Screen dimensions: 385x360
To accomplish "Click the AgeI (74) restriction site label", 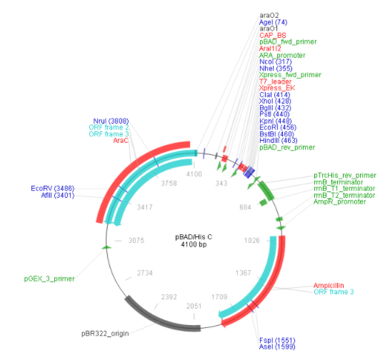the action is (273, 22).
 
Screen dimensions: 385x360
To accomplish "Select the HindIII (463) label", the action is (279, 141).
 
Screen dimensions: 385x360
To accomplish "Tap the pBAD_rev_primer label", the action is (287, 147).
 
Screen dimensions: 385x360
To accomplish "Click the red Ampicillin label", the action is (329, 285).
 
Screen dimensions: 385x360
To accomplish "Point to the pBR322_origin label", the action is (105, 334).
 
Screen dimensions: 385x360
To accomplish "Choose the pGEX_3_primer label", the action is (49, 279).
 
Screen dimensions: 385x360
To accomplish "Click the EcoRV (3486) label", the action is (53, 189).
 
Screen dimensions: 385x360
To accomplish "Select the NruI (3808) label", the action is (111, 121).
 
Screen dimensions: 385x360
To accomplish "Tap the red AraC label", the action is (121, 141).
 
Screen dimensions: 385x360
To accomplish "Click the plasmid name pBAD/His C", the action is (194, 237).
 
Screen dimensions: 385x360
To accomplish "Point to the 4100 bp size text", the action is (194, 244).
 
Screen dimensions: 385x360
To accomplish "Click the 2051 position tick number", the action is (194, 306).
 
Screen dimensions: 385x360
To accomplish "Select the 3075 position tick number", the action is (136, 240).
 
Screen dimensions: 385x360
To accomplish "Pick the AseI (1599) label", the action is (277, 346).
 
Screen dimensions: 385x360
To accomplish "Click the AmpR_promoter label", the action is (339, 201).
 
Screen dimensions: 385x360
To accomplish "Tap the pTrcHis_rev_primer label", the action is (345, 175).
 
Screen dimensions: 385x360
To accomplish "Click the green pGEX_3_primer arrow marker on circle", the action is (106, 247).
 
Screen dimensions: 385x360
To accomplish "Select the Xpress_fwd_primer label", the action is (290, 75).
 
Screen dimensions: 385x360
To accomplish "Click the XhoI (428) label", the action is (275, 101).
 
